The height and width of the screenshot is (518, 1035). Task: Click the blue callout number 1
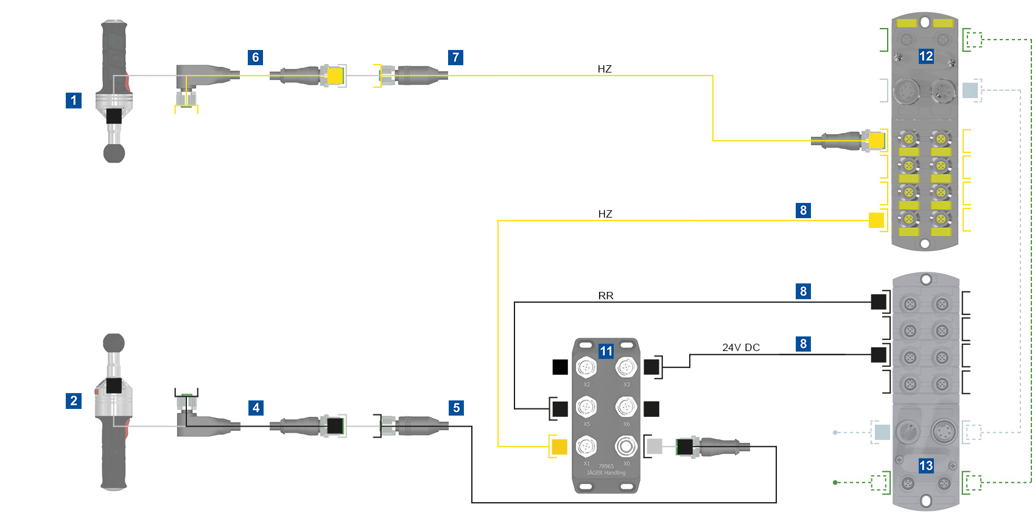pos(74,101)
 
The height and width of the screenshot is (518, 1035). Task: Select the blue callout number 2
pos(74,401)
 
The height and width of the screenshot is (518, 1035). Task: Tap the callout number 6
pos(256,58)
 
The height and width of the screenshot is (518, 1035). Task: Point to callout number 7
pos(455,58)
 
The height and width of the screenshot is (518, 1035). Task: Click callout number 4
pos(256,408)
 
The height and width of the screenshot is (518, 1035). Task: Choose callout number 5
pos(456,408)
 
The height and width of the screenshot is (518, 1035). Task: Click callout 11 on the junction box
pos(606,351)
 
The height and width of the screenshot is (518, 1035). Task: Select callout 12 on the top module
pos(926,57)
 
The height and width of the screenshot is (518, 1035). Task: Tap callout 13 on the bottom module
pos(926,466)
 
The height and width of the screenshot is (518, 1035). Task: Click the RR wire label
pos(606,296)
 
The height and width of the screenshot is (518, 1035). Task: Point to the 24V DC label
pos(741,347)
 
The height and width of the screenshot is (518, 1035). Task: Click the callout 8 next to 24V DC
pos(803,344)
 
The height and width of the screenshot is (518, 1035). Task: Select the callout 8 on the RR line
pos(803,291)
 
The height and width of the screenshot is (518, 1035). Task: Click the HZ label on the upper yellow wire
pos(605,69)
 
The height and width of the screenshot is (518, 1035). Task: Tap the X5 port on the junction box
pos(586,407)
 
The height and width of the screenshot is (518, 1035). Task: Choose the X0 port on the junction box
pos(625,447)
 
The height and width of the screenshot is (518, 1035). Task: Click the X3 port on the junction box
pos(626,367)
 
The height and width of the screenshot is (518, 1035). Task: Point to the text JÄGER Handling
pos(606,473)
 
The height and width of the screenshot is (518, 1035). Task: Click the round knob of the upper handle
pos(114,153)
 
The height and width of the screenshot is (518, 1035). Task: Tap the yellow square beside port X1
pos(559,447)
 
